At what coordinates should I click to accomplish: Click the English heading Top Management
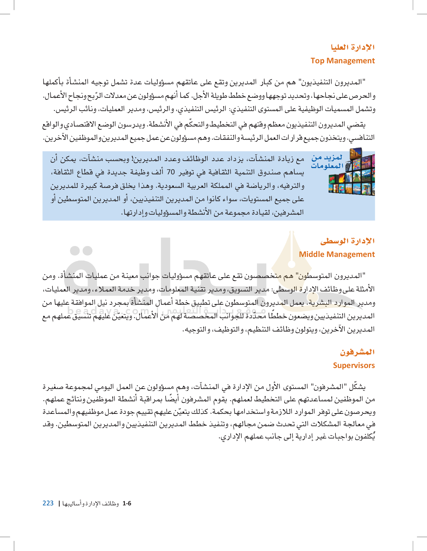point(342,61)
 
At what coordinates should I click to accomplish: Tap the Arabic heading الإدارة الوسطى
point(347,241)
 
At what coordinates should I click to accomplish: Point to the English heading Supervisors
point(354,365)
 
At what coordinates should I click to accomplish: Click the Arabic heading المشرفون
point(357,352)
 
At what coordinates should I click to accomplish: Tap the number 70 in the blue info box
point(171,172)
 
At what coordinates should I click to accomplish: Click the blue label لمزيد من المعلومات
point(327,162)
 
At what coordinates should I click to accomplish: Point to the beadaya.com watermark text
point(108,311)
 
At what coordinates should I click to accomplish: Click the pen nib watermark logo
point(292,255)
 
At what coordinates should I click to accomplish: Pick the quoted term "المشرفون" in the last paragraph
point(328,387)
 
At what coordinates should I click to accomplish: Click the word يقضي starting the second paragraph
point(358,125)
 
